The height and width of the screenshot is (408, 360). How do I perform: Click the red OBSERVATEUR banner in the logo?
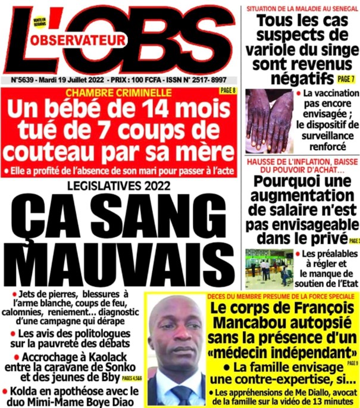coord(87,40)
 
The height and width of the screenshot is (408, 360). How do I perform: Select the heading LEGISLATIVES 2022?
coord(118,186)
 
